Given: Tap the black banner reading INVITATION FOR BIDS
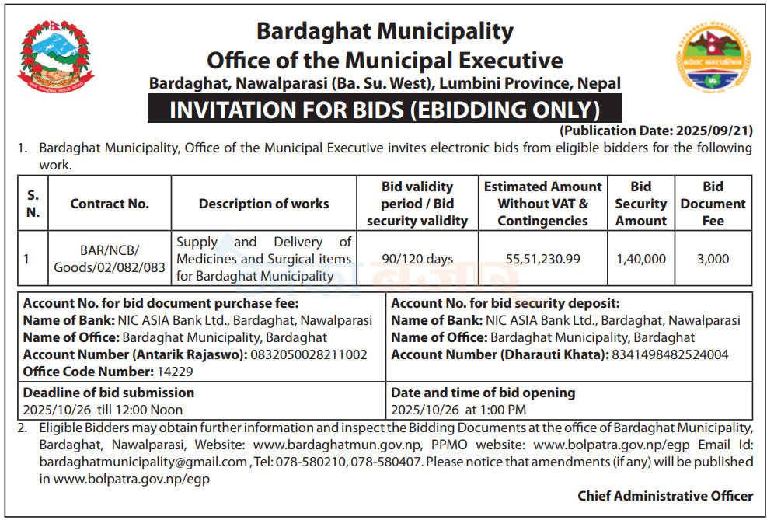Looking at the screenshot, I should (x=385, y=110).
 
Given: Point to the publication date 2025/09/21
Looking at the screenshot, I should (x=656, y=131).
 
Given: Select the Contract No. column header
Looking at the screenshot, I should (x=110, y=204).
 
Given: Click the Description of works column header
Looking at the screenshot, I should (x=263, y=204).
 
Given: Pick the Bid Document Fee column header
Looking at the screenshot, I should (x=713, y=204).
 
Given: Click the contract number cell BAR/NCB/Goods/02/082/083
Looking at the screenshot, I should (x=110, y=259).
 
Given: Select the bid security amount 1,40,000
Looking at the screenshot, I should (x=640, y=259).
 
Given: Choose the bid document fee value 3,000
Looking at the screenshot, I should (x=713, y=259).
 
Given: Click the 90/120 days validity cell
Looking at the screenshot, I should (x=417, y=259).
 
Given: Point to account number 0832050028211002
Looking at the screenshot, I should (x=308, y=354).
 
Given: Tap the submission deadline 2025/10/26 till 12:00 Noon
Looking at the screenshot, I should (x=103, y=409).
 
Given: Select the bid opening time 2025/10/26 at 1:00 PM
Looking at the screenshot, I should (x=458, y=409).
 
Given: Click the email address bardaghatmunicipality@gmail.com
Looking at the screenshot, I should (x=143, y=462).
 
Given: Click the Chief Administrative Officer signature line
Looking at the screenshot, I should (x=665, y=495).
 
